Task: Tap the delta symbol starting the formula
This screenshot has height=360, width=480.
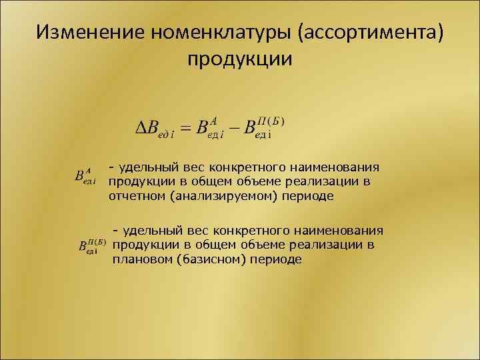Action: point(141,127)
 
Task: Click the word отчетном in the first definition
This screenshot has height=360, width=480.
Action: point(137,197)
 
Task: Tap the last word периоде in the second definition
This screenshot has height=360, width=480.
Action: point(276,259)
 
